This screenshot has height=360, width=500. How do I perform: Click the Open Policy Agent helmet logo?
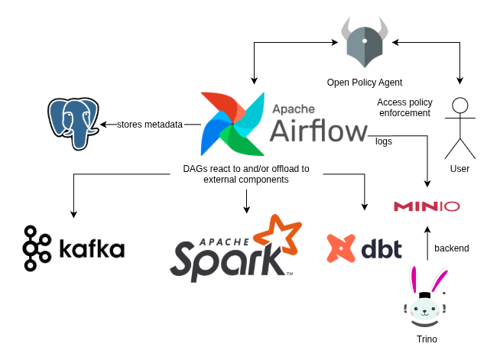364,45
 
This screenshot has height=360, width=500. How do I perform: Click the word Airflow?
319,131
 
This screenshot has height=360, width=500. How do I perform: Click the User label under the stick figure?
459,168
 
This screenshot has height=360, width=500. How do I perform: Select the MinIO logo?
427,206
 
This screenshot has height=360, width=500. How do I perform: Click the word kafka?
91,249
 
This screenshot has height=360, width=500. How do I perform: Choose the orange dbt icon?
341,248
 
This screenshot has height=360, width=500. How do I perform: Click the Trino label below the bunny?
426,339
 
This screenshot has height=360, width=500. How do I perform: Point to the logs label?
385,141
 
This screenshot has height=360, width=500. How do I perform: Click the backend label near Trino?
452,248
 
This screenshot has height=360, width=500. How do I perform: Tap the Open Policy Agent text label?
364,83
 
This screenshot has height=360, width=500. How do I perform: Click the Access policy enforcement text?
404,108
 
